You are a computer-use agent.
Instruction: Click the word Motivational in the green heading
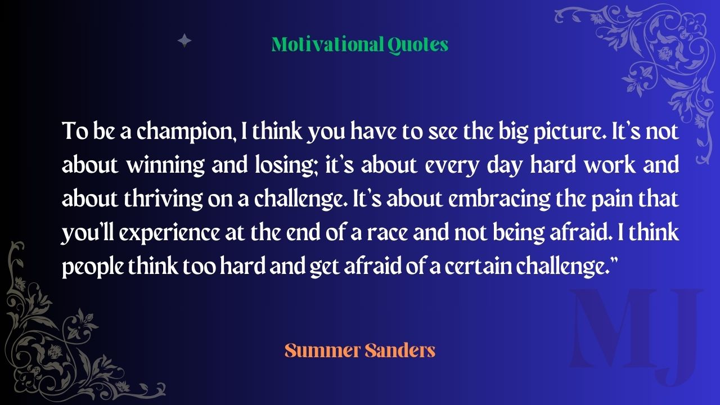click(328, 44)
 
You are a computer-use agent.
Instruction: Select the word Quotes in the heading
click(418, 45)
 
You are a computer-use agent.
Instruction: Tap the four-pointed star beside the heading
click(184, 40)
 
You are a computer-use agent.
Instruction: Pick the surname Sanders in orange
click(400, 350)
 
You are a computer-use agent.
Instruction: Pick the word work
click(610, 165)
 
